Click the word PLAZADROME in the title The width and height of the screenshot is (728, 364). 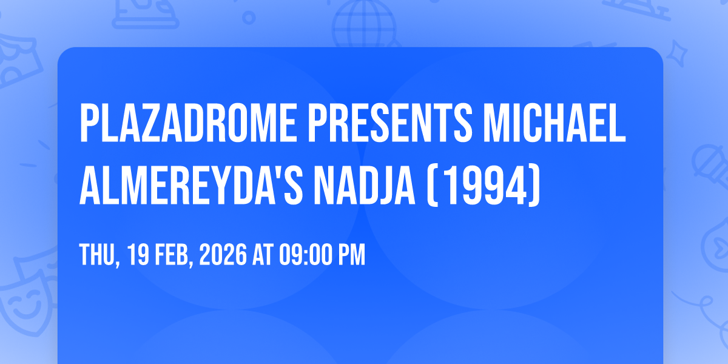point(188,123)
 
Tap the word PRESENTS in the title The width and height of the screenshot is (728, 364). point(390,123)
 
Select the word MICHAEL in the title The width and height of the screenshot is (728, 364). point(554,123)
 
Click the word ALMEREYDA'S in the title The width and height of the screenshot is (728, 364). point(191,185)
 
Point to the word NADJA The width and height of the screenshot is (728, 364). point(365,185)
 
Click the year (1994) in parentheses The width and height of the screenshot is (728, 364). point(484,186)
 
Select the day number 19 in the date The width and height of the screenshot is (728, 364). point(138,254)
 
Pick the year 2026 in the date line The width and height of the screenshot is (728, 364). point(223,254)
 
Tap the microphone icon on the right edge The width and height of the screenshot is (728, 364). point(712,166)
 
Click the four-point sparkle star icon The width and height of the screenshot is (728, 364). point(676,53)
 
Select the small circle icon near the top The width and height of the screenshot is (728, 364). point(249,18)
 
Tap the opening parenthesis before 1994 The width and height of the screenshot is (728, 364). point(431,186)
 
